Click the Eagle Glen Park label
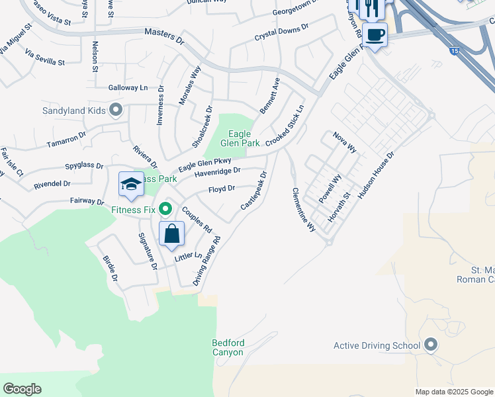click(x=239, y=138)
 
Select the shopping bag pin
click(x=171, y=234)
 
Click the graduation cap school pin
click(x=131, y=185)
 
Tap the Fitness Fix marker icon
click(x=165, y=210)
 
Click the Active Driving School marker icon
click(x=431, y=345)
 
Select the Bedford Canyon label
click(x=228, y=347)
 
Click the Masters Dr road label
click(x=164, y=36)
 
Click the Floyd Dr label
click(x=222, y=189)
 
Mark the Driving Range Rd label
click(x=206, y=261)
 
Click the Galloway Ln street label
click(x=128, y=87)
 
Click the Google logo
click(x=22, y=389)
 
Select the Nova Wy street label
click(x=345, y=142)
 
